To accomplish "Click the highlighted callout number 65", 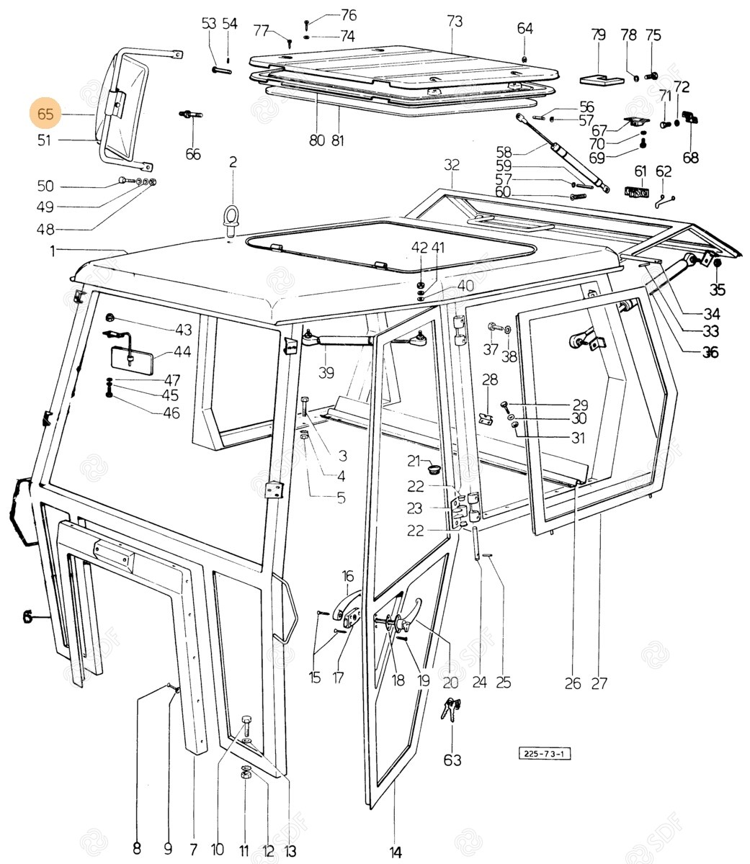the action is [x=45, y=114].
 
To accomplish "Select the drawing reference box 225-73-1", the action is [x=544, y=753].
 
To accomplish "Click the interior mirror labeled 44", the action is [x=132, y=358].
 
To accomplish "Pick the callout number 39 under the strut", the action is [x=326, y=372].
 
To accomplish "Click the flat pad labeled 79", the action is [x=602, y=79].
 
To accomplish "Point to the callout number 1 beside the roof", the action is [x=53, y=251].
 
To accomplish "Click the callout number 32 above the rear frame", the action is [x=451, y=164].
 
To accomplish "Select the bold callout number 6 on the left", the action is [x=27, y=617].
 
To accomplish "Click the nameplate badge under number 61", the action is [x=637, y=192].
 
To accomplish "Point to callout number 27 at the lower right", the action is [x=599, y=683].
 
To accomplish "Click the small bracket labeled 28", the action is [x=486, y=418].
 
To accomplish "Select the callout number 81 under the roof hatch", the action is [x=338, y=140].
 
